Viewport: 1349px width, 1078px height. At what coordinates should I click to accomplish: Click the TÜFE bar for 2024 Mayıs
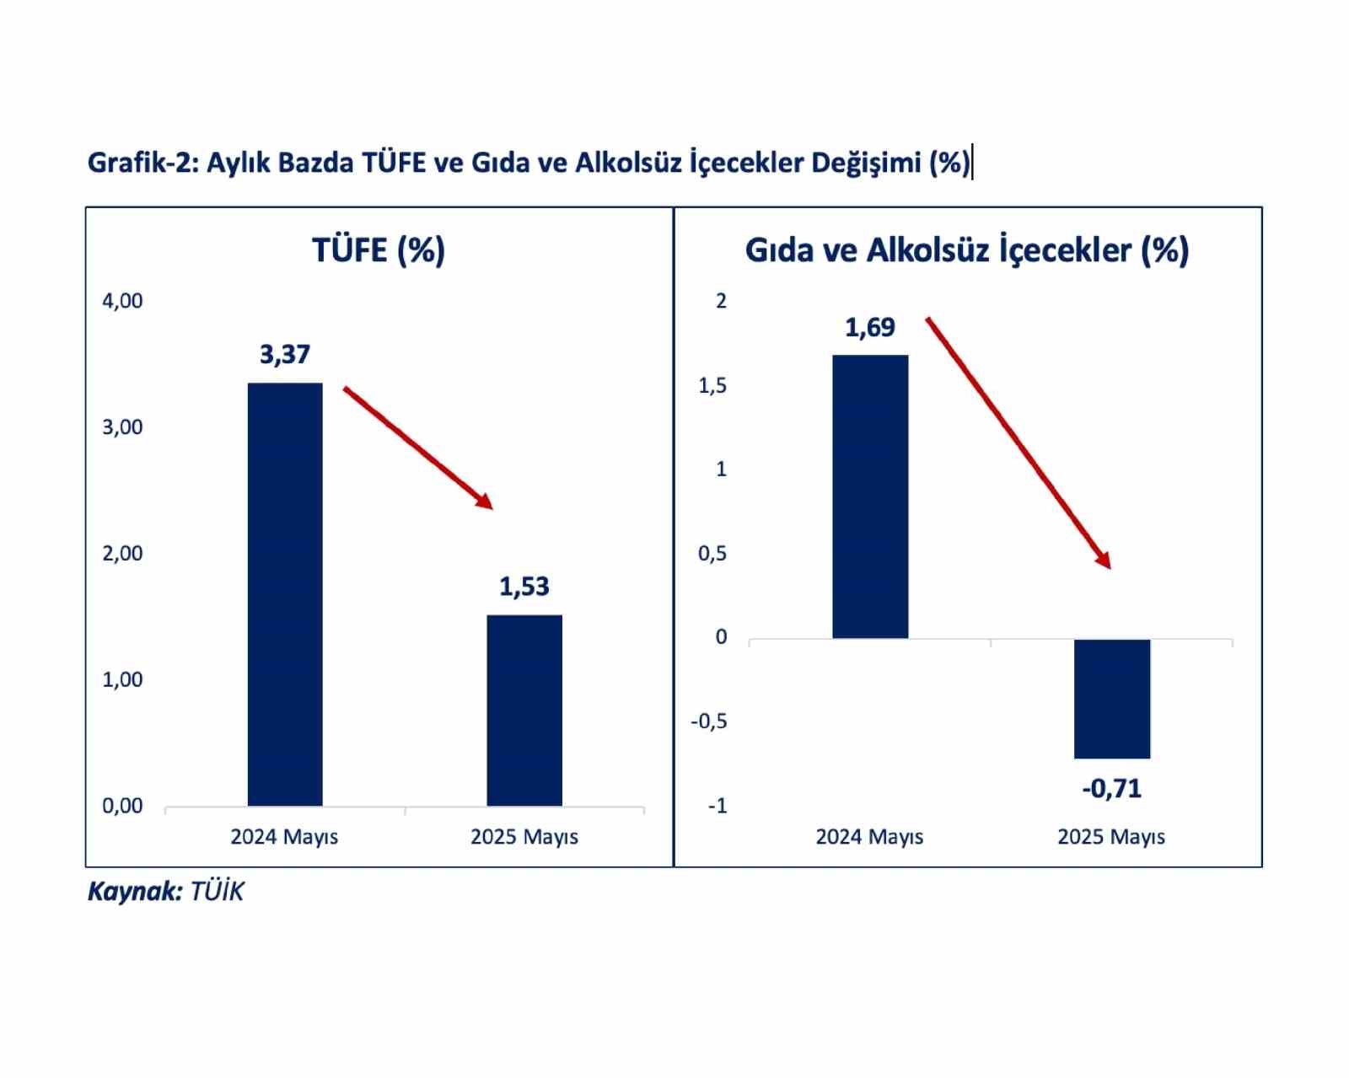click(x=285, y=594)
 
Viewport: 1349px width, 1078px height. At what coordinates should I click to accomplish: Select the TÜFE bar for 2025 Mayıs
click(x=524, y=711)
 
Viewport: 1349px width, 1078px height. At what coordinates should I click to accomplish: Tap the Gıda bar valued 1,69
click(x=870, y=496)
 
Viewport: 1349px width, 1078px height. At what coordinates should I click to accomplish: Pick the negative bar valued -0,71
click(x=1112, y=699)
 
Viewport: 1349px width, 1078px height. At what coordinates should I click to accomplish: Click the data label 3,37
click(x=285, y=355)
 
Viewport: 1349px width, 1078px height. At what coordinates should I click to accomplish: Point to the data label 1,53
click(x=524, y=587)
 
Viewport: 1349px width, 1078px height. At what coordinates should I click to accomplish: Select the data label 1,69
click(x=870, y=327)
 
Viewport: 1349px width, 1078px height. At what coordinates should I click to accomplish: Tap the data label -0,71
click(x=1112, y=789)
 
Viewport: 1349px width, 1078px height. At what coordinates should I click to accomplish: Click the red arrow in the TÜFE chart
click(x=417, y=447)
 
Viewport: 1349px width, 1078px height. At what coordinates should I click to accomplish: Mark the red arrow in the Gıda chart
click(x=1018, y=442)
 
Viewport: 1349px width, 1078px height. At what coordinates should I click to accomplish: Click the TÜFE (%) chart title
click(x=379, y=250)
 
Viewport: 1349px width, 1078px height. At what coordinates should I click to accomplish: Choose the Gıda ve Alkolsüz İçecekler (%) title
click(x=967, y=250)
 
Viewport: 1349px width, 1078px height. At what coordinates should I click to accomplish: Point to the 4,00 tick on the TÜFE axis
click(x=122, y=301)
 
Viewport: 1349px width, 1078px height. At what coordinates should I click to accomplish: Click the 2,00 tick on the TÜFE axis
click(x=122, y=554)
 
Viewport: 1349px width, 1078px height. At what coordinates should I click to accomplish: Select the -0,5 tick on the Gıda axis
click(x=708, y=721)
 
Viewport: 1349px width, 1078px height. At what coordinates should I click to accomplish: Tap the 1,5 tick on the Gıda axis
click(x=712, y=386)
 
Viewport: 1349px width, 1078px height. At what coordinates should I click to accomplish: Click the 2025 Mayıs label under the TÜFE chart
click(x=524, y=837)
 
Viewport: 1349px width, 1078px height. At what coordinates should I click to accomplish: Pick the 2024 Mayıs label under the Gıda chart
click(x=869, y=837)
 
